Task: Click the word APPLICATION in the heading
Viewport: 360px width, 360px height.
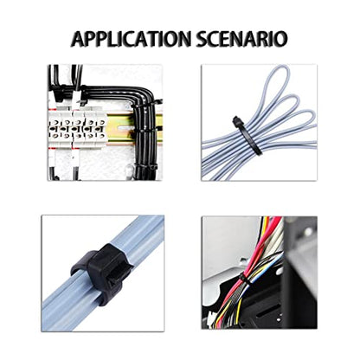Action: (x=132, y=39)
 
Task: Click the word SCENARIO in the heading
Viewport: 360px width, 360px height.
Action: (x=241, y=39)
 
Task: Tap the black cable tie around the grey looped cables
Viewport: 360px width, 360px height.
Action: (x=247, y=136)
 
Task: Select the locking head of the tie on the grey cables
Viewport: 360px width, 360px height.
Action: (x=236, y=120)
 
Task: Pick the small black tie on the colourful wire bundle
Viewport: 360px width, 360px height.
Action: (x=243, y=279)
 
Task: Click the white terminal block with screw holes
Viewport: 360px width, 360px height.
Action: (x=77, y=129)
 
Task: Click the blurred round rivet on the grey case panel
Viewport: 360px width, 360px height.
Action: (x=308, y=231)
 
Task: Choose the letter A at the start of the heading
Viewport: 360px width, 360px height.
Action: (x=78, y=39)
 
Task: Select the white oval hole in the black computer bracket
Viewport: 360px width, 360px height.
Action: (x=279, y=272)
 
